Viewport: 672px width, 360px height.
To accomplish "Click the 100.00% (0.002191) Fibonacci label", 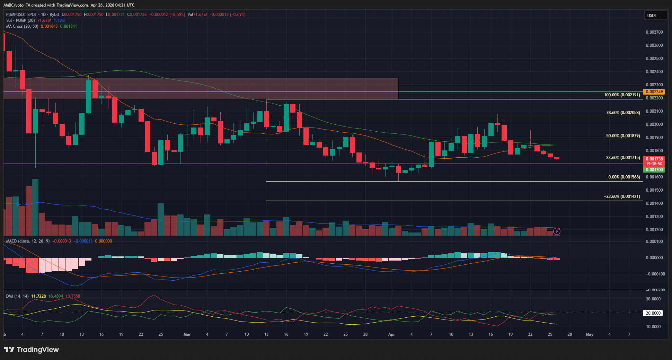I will (622, 95).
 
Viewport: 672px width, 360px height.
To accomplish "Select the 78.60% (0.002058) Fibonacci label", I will (623, 113).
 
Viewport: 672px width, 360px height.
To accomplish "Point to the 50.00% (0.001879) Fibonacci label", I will (623, 136).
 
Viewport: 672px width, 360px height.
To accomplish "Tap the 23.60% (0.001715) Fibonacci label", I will (623, 158).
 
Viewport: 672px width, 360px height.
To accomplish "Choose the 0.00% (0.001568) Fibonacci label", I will (624, 177).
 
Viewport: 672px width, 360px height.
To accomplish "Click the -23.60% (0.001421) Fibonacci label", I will (622, 196).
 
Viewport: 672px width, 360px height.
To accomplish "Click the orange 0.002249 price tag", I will (654, 92).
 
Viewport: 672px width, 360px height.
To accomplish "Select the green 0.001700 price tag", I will (654, 170).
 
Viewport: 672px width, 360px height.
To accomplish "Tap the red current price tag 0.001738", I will (654, 159).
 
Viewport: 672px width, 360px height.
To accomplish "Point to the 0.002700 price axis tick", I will (654, 32).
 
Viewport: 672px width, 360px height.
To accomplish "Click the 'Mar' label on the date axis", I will (187, 334).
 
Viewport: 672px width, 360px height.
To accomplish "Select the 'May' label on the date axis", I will (589, 334).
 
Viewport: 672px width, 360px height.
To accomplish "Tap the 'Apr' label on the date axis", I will (391, 334).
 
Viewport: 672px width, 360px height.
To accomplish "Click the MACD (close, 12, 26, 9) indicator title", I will (28, 241).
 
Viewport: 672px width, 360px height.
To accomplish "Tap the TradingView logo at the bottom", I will (32, 350).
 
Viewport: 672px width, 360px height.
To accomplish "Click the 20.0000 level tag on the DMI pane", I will (653, 313).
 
